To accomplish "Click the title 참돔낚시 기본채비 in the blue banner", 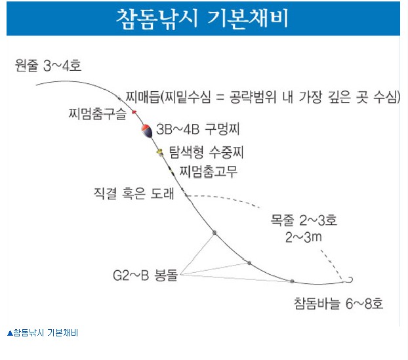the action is pos(202,18).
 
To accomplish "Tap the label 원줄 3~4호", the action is pos(48,66).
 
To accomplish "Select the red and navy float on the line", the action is pos(147,131).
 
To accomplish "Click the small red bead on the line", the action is pos(134,112).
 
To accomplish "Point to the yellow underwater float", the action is pos(159,152).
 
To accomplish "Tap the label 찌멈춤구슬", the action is pos(98,114).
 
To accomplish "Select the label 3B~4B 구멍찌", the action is pos(197,129).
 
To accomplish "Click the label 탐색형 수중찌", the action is pos(207,152).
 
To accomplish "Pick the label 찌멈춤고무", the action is pos(209,172).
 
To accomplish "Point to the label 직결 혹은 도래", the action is pos(134,193).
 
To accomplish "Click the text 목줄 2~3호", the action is pos(304,220).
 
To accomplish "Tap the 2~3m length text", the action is pos(304,237).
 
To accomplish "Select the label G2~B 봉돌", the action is pos(145,275).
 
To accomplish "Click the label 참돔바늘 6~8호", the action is pos(338,304).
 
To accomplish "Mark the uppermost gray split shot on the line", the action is pos(214,233).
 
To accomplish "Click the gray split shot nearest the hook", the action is pos(292,281).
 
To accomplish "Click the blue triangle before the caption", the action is pos(10,333).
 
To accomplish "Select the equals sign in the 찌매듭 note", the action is pos(220,98).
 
